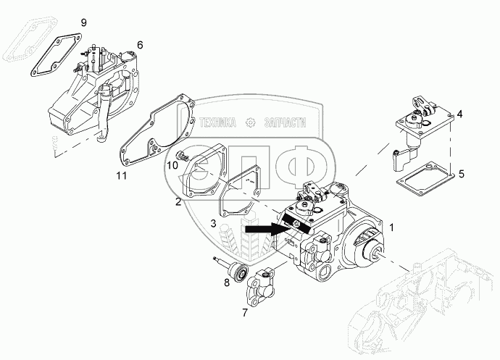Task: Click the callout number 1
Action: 392,227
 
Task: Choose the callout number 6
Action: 140,45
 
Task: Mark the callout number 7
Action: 243,312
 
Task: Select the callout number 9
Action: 83,23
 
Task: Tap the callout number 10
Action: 172,165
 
